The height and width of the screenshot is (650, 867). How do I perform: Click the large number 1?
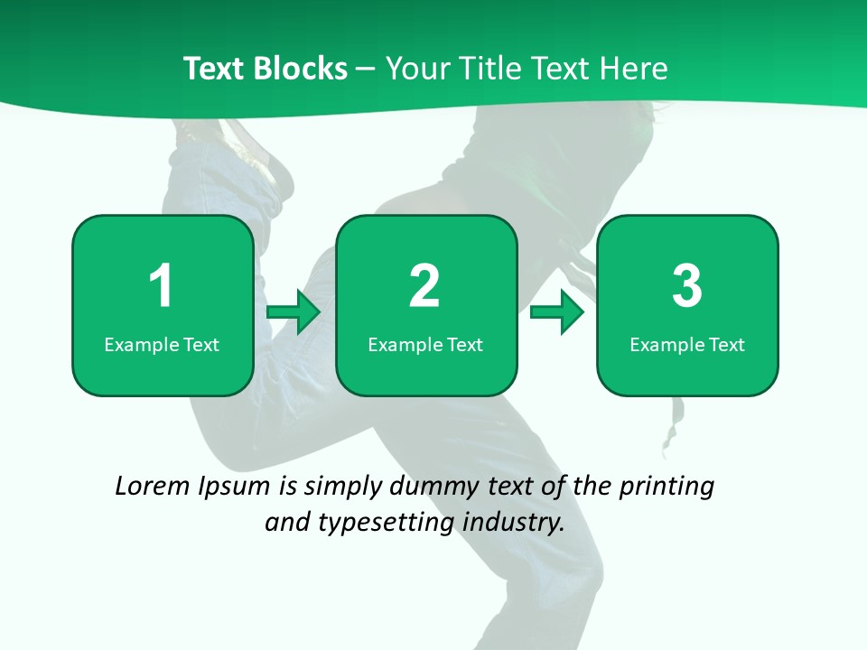click(161, 286)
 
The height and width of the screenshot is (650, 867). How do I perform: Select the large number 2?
click(424, 286)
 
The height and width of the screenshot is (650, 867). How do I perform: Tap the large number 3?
click(687, 286)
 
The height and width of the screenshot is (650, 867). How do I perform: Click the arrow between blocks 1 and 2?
click(294, 312)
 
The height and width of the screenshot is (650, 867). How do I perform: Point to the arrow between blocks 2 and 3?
click(557, 312)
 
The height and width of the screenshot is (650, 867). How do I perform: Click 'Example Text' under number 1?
click(162, 344)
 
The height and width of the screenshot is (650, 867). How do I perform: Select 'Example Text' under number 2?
click(425, 344)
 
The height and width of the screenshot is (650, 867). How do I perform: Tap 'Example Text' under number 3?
click(687, 344)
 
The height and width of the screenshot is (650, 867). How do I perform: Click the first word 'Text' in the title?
click(212, 69)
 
